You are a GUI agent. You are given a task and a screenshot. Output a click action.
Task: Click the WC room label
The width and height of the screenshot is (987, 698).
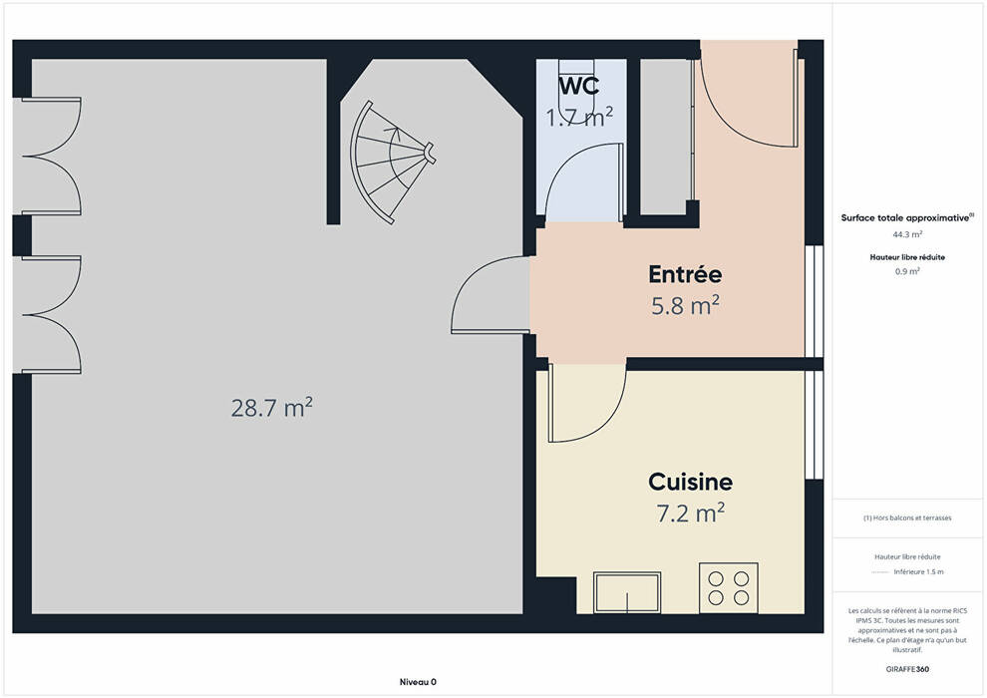click(x=579, y=85)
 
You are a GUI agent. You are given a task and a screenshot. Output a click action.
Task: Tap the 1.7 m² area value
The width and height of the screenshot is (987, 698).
click(x=579, y=117)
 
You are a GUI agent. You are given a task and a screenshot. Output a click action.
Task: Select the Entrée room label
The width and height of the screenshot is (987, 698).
click(x=685, y=274)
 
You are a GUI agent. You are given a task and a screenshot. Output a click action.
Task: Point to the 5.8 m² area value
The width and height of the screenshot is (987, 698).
click(x=686, y=305)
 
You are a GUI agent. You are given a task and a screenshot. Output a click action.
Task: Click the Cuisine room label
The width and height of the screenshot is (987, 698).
click(x=691, y=482)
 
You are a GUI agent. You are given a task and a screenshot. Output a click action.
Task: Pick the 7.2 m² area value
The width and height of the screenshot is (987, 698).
click(x=691, y=513)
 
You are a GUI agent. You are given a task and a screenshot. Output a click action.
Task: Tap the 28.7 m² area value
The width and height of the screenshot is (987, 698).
click(x=271, y=408)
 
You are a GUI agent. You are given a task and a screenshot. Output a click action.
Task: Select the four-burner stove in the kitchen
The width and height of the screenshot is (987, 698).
click(x=729, y=587)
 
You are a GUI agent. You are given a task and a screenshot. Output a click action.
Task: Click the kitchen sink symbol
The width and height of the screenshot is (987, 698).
click(x=627, y=591)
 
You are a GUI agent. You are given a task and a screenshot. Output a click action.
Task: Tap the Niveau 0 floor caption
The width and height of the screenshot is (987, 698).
click(x=418, y=682)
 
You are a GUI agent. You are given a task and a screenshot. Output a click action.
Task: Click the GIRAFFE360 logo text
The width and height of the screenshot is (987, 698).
click(x=907, y=669)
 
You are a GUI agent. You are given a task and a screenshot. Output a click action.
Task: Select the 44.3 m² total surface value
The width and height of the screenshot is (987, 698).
click(x=907, y=234)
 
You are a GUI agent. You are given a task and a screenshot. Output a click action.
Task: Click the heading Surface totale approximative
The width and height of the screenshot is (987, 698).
click(x=905, y=218)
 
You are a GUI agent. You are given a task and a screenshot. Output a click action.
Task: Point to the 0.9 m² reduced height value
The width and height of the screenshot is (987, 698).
click(x=907, y=272)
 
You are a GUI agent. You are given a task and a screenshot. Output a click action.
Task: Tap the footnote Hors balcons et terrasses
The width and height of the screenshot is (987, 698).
click(x=907, y=518)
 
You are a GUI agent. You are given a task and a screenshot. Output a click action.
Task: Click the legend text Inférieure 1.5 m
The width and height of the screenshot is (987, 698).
click(x=918, y=572)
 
